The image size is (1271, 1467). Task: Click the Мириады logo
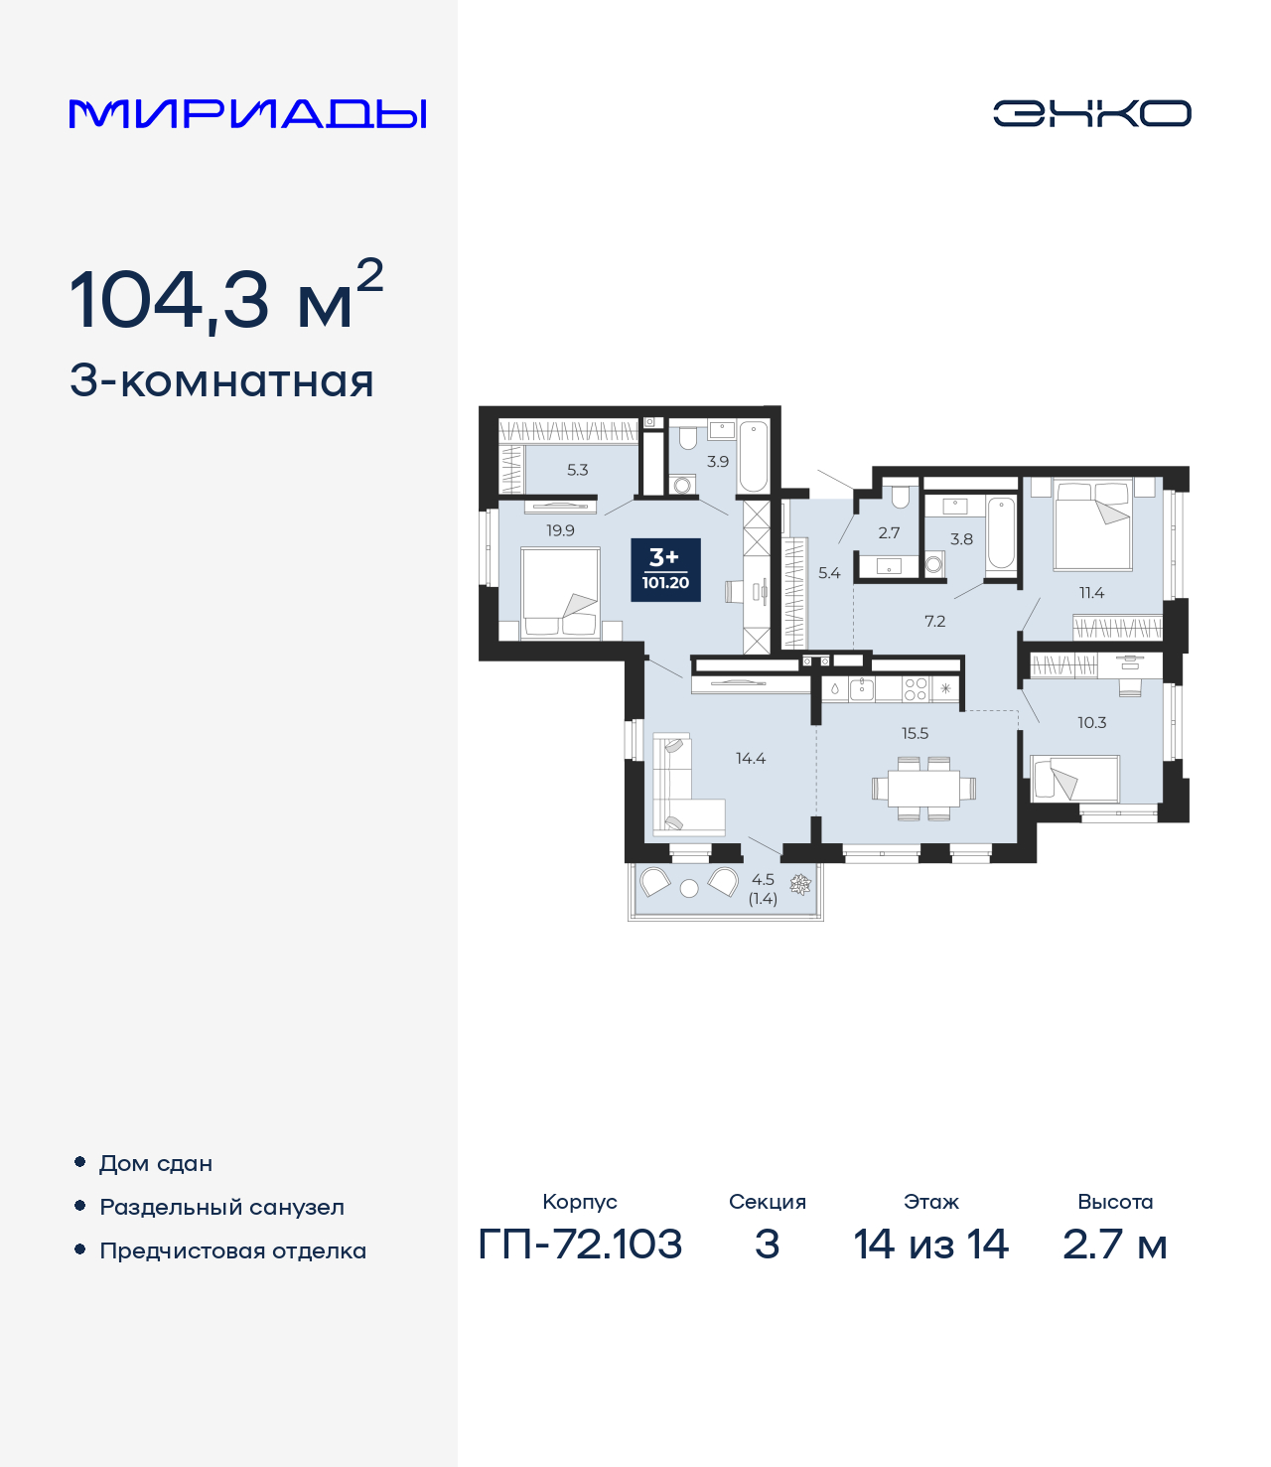point(247,113)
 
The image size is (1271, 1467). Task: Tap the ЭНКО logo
point(1091,113)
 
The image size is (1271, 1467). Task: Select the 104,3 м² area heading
point(225,298)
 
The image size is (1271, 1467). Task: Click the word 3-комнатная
point(221,381)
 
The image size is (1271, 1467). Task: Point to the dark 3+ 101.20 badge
point(665,570)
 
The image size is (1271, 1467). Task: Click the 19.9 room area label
point(560,530)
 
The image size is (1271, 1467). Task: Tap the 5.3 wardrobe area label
point(578,470)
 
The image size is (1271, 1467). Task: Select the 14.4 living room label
point(751,758)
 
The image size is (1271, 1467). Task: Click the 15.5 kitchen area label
point(915,733)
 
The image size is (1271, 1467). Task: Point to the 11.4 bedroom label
point(1091,593)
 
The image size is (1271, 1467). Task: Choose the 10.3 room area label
point(1091,722)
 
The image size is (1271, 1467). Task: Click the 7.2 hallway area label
point(934,622)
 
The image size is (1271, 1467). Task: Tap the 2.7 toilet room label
point(889,532)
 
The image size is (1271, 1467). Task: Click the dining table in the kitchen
point(923,789)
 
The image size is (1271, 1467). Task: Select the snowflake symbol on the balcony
point(798,883)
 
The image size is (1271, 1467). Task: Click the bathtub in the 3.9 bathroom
point(754,456)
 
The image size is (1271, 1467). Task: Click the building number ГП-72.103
point(580,1244)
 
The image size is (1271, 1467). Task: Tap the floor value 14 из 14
point(930,1244)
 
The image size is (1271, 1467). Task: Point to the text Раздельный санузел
point(221,1207)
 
